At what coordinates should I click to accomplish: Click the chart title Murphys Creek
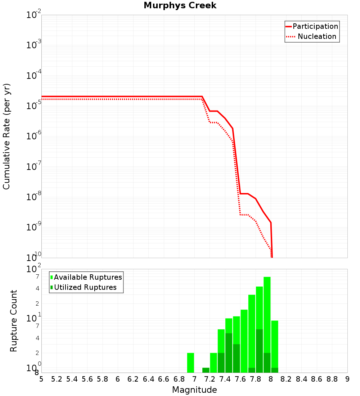pos(180,6)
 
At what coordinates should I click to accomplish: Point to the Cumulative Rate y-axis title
pos(7,136)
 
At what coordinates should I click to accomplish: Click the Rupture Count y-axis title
pos(14,321)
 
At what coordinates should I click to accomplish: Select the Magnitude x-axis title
pos(194,390)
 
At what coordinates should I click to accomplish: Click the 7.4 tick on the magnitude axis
pos(225,379)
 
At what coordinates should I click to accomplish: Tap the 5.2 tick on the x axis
pos(57,379)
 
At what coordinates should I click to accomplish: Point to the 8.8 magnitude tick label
pos(332,379)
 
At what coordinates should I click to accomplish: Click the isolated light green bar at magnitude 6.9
pos(190,363)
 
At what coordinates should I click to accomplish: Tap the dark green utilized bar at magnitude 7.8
pos(259,351)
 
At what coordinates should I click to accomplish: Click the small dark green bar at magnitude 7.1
pos(206,370)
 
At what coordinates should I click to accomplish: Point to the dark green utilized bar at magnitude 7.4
pos(229,353)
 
